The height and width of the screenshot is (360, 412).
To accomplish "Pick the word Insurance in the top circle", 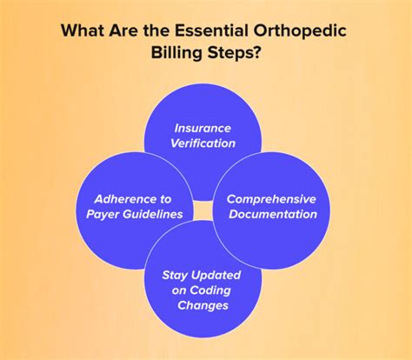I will click(x=203, y=127).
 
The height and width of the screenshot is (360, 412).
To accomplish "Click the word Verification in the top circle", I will click(x=203, y=143).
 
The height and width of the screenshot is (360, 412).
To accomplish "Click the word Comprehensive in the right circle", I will click(x=271, y=198).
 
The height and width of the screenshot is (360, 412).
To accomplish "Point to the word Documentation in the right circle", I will click(x=272, y=214).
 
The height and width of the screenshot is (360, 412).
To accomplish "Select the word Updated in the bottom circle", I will click(x=219, y=275).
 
